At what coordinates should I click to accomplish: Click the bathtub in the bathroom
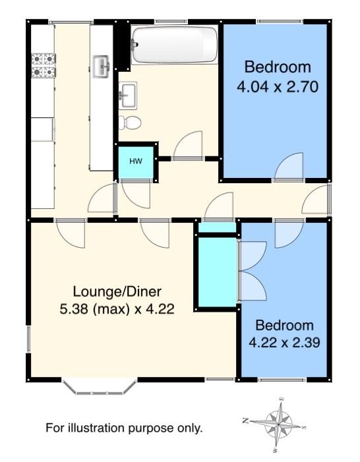[x=174, y=45]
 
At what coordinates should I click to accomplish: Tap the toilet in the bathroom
[x=130, y=123]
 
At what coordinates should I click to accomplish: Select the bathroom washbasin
[x=128, y=96]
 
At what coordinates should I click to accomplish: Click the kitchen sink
[x=102, y=66]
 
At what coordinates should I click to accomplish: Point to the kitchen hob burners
[x=44, y=65]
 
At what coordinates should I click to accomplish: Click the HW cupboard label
[x=136, y=161]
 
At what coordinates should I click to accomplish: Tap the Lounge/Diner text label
[x=117, y=292]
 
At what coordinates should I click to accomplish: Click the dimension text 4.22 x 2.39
[x=284, y=343]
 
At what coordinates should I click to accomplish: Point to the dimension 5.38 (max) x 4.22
[x=117, y=309]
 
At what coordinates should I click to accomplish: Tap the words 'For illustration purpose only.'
[x=124, y=428]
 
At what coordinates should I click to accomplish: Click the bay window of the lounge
[x=100, y=387]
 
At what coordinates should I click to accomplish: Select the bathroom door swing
[x=188, y=145]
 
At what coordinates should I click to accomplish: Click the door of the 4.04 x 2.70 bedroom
[x=288, y=167]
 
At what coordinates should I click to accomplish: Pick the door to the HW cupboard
[x=136, y=194]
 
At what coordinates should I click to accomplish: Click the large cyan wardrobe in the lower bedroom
[x=218, y=272]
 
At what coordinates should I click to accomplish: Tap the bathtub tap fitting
[x=135, y=44]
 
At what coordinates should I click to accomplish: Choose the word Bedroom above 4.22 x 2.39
[x=284, y=326]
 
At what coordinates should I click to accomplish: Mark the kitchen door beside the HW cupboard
[x=102, y=198]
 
